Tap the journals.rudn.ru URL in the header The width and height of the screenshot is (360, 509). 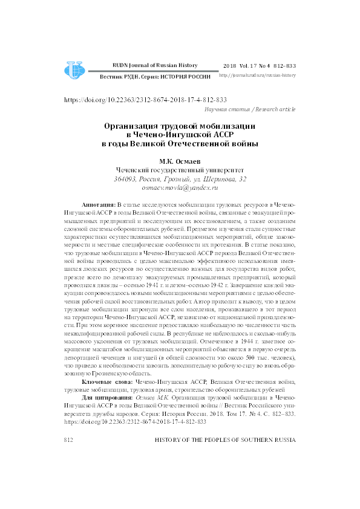point(257,76)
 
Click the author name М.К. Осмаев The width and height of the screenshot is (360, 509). point(180,161)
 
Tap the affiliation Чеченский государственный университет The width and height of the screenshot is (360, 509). point(180,170)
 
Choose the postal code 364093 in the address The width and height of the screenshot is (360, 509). point(125,180)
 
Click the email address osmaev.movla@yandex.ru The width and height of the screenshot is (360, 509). point(180,189)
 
